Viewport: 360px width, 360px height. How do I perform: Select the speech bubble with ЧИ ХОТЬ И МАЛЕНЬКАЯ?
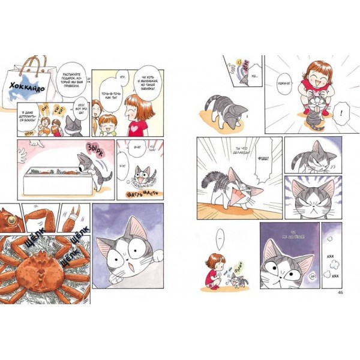(148, 80)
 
